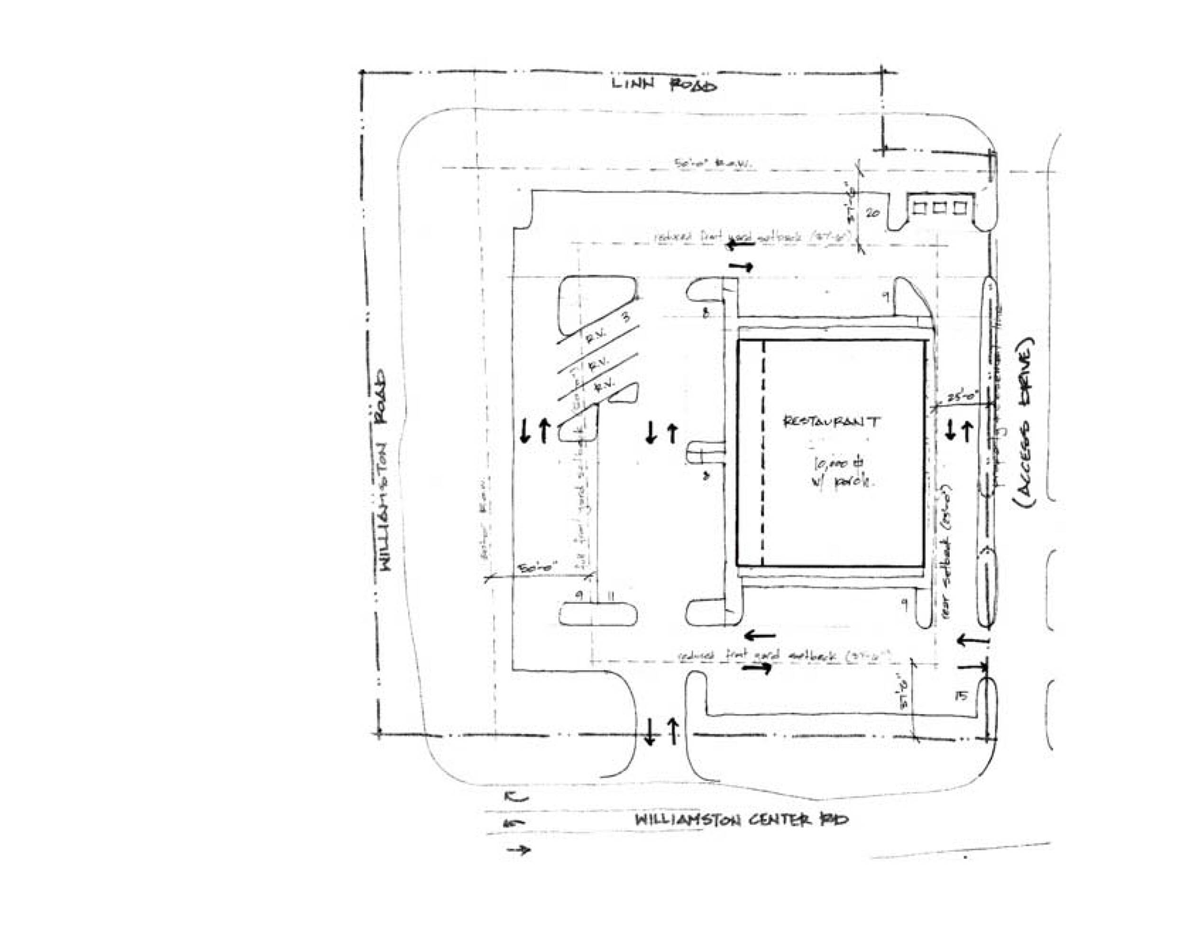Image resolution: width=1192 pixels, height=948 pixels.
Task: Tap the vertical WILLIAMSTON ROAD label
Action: point(384,470)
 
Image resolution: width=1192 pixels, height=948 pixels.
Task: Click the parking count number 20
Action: point(872,213)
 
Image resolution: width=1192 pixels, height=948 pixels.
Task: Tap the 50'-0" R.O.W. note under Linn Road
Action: point(713,164)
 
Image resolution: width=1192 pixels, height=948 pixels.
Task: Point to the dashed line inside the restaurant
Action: point(763,453)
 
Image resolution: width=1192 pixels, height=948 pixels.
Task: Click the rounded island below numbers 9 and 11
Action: point(597,615)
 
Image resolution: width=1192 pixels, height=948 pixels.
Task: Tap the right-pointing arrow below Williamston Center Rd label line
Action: point(519,849)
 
